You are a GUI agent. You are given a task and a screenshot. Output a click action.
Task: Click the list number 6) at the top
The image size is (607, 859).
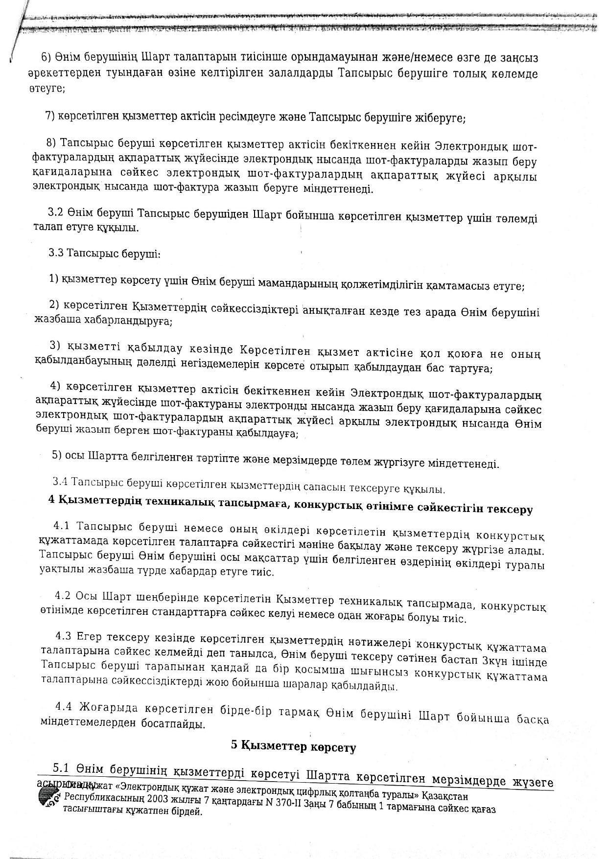(x=46, y=57)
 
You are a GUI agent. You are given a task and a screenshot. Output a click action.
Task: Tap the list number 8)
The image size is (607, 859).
(x=51, y=142)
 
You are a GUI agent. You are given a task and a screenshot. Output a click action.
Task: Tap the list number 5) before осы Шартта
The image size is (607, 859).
(x=57, y=455)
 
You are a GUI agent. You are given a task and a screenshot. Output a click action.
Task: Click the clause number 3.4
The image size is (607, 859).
(x=59, y=482)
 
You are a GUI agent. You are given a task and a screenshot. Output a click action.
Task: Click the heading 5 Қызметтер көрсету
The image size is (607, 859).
(x=293, y=747)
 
